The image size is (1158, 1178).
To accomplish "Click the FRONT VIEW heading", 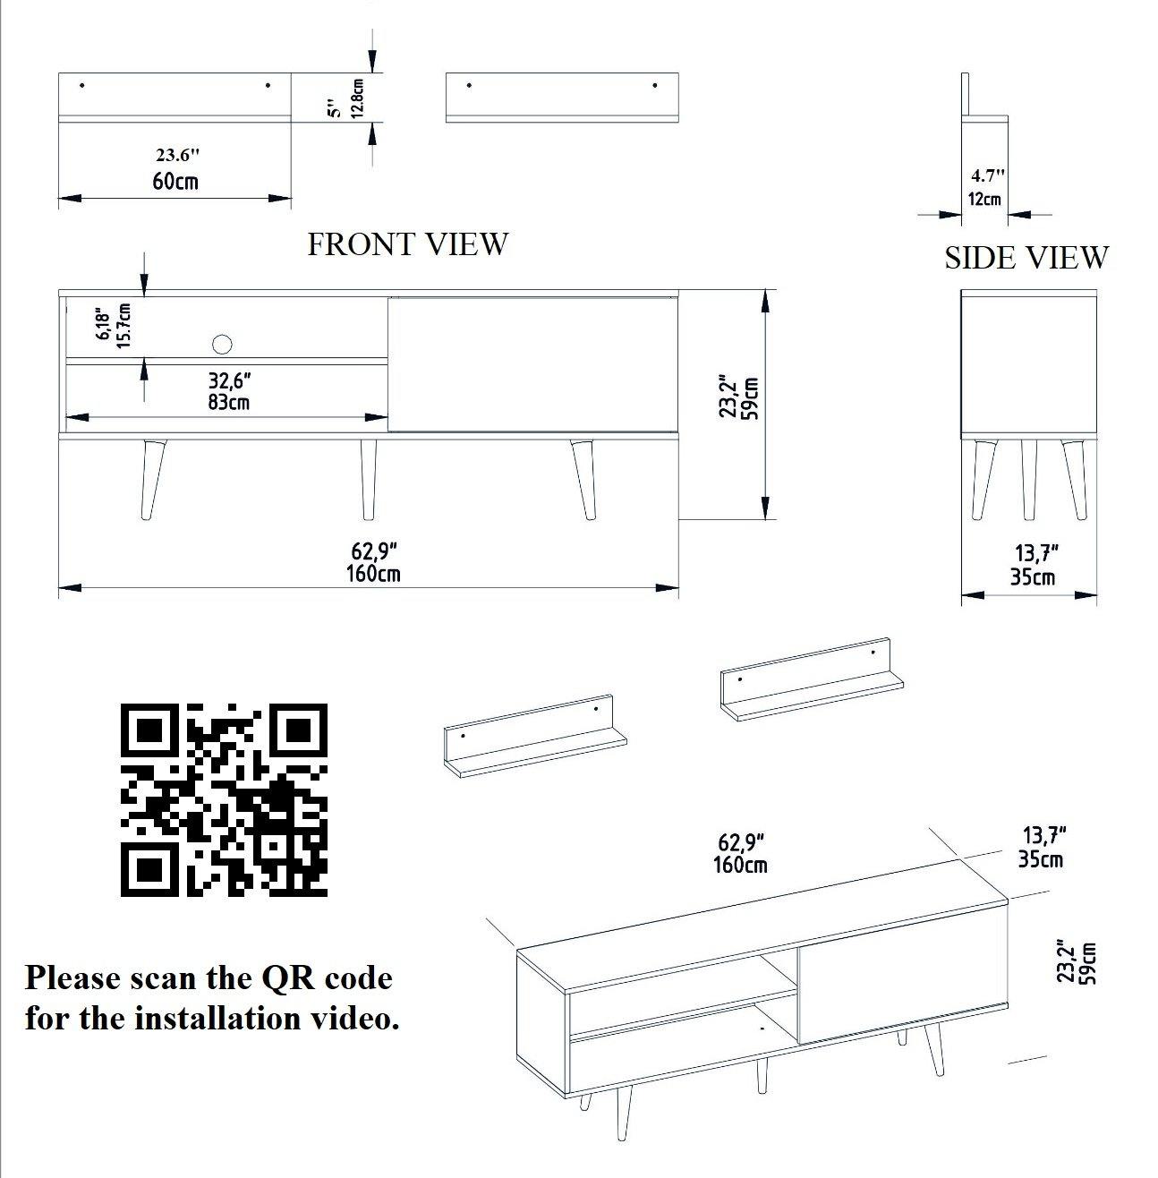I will point(407,244).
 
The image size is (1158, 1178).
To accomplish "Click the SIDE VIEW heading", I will point(1026,258).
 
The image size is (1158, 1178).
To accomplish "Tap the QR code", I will point(223,799).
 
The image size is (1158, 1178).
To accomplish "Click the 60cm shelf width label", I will point(175,182).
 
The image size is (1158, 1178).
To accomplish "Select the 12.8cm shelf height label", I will point(357,98).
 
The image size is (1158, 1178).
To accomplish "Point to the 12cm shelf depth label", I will point(984,199).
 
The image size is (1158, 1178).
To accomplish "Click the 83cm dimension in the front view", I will point(228,403).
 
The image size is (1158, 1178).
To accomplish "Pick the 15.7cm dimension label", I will point(123,325).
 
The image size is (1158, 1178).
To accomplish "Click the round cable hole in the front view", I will point(222,344).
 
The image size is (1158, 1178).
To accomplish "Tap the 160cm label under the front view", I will point(373,573).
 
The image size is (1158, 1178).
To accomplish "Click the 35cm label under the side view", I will point(1032,577).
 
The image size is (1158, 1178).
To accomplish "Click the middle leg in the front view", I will point(367,478).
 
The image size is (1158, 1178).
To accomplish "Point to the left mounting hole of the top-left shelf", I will point(81,85).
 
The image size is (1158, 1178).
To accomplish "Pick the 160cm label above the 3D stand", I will point(740,866).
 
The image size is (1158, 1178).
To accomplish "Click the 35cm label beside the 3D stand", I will point(1041,859).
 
